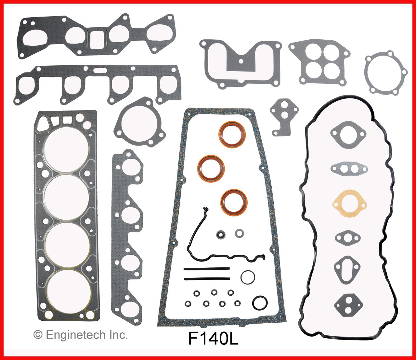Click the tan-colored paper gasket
(349, 204)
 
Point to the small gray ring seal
(240, 233)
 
